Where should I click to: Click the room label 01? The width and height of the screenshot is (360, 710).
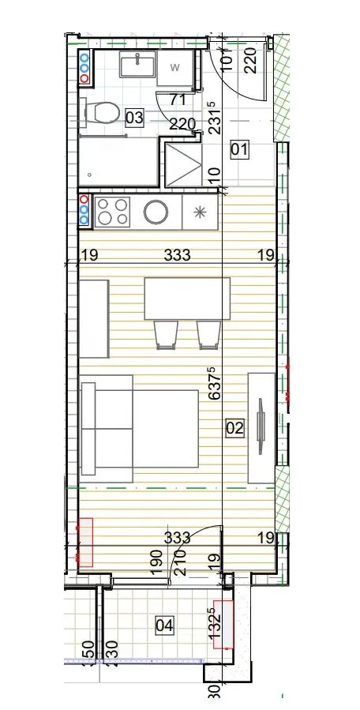239,149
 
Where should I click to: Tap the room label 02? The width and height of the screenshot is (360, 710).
235,427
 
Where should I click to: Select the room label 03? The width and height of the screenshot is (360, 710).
134,118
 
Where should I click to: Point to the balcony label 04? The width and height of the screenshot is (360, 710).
164,625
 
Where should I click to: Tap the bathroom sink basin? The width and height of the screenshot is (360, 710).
137,64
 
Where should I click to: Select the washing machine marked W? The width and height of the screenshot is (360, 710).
175,68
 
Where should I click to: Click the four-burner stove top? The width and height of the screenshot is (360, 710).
112,212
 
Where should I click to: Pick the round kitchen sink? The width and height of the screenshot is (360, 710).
156,212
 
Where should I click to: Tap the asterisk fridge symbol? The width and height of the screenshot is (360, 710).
200,212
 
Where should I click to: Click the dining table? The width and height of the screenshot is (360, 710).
187,299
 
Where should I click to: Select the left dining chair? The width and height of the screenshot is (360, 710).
166,335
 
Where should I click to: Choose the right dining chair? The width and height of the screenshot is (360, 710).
208,335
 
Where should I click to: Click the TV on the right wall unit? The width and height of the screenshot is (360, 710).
261,426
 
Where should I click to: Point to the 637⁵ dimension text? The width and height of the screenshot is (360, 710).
216,384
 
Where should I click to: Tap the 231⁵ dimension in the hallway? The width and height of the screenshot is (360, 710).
216,118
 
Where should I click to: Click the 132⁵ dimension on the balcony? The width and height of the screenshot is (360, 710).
216,624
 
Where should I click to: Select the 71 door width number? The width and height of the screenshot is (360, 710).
178,100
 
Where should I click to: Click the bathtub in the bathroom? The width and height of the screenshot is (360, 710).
118,161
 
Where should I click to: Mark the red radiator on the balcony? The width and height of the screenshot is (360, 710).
223,625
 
